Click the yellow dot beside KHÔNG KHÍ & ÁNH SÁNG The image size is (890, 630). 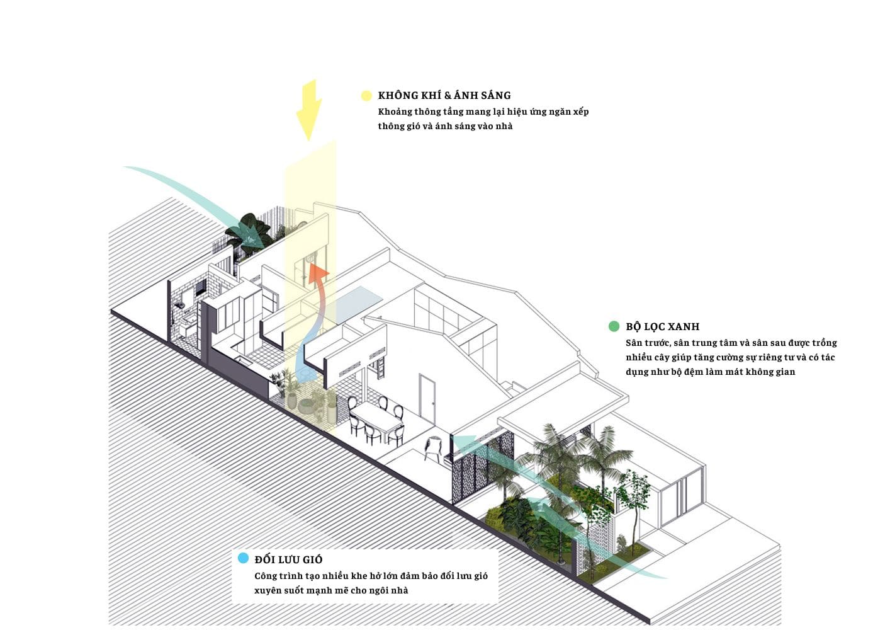point(366,96)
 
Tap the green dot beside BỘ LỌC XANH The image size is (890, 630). point(614,326)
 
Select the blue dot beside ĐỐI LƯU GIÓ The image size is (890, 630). point(243,559)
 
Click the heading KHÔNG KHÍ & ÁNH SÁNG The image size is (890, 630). point(444,96)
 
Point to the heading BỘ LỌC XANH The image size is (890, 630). point(662,326)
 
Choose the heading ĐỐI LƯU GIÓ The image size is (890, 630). point(288,559)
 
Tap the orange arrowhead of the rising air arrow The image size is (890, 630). point(320,273)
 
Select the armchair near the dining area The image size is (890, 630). point(434,448)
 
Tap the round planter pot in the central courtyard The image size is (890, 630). point(307,405)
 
